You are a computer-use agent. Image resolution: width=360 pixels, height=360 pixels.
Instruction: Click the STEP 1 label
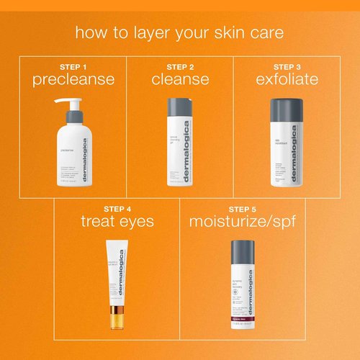click(73, 67)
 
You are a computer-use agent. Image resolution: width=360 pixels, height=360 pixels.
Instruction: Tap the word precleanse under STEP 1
click(73, 79)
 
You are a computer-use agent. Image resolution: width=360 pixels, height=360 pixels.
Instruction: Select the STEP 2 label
click(180, 67)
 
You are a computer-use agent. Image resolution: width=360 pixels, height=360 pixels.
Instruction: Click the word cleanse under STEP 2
click(180, 79)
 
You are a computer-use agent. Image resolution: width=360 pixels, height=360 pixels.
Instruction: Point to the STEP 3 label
click(287, 67)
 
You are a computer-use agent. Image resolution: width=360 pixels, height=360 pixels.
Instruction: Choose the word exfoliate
click(287, 79)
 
